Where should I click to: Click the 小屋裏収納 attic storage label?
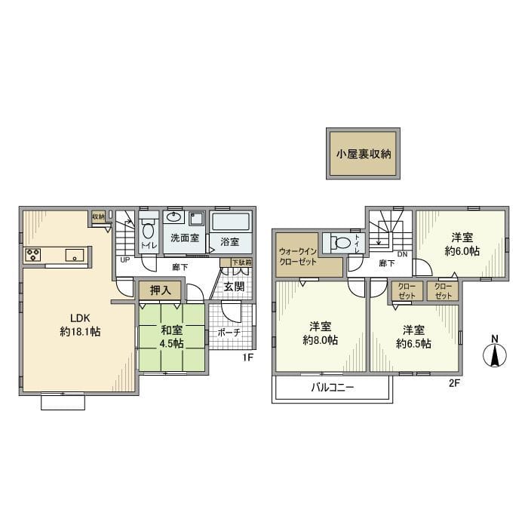(x=364, y=155)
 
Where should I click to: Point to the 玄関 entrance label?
(x=233, y=287)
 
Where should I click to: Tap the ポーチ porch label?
(x=229, y=332)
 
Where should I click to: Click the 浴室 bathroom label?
(x=230, y=241)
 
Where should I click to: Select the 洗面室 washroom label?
(x=183, y=238)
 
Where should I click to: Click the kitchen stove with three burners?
(x=35, y=254)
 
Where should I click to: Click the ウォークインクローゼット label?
(x=297, y=255)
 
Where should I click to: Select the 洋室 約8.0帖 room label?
(x=320, y=333)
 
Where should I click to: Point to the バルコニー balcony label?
(x=333, y=388)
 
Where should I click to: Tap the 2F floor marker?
(x=454, y=383)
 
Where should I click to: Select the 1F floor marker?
(x=247, y=358)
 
